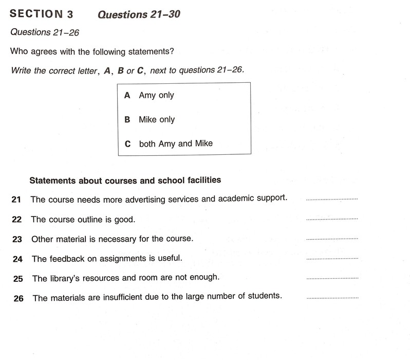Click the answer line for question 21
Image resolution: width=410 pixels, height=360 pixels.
click(x=331, y=199)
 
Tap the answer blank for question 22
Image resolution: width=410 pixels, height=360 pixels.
click(x=331, y=219)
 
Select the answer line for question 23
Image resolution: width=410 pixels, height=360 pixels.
click(x=331, y=239)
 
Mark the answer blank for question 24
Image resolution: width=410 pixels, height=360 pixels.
click(x=331, y=259)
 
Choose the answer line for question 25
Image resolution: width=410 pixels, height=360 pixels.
click(x=331, y=278)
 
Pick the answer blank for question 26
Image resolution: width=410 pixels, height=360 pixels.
click(x=331, y=298)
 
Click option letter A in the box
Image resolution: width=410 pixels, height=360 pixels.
click(x=127, y=95)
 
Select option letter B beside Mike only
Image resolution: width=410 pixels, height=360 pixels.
click(x=127, y=119)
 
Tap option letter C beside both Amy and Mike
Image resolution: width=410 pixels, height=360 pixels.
click(x=128, y=144)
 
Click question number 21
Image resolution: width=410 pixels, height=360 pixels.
click(x=16, y=199)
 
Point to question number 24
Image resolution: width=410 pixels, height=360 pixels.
click(x=17, y=259)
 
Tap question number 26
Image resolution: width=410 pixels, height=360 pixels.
click(x=18, y=298)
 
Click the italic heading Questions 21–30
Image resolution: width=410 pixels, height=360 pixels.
click(x=139, y=14)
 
